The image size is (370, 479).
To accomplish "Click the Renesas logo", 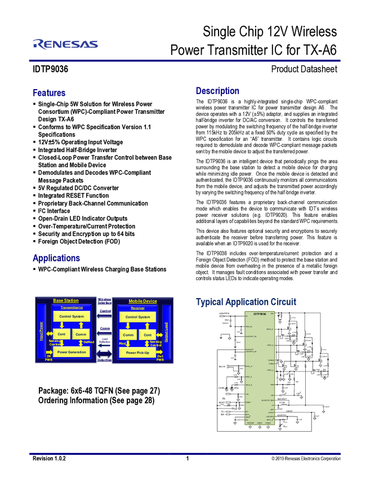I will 65,44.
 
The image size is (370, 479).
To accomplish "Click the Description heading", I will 217,91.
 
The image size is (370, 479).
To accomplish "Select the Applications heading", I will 56,259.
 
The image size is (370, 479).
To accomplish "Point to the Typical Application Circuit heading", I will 246,301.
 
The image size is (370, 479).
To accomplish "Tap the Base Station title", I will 66,300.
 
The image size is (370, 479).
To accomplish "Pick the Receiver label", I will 137,308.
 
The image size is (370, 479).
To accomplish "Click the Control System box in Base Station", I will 71,317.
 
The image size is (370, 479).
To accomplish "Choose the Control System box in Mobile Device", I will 137,317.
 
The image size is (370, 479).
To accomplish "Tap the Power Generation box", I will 71,352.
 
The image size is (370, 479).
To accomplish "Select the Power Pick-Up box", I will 137,352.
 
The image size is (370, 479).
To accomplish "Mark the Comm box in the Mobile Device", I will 128,335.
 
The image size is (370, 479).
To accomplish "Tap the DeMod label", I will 89,342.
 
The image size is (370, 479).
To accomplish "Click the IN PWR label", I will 48,357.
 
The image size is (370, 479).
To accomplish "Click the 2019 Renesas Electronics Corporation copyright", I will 306,459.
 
